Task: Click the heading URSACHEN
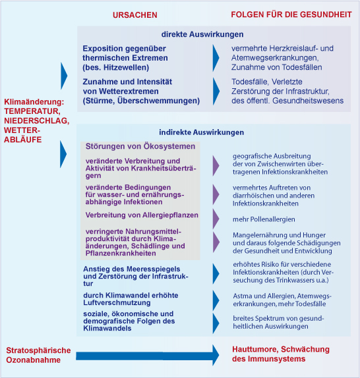(135, 15)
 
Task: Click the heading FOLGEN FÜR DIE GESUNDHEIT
(291, 14)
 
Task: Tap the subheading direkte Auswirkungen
(202, 34)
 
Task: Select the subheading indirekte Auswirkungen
(201, 132)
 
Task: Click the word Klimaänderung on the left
(33, 102)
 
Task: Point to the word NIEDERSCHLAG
(37, 121)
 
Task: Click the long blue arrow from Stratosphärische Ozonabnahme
(148, 356)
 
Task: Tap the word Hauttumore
(255, 349)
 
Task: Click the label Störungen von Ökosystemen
(140, 146)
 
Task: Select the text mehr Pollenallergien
(264, 219)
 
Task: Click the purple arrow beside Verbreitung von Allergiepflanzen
(216, 219)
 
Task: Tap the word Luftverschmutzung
(117, 303)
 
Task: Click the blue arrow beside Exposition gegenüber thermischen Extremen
(216, 58)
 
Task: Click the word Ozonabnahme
(34, 360)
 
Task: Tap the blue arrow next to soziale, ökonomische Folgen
(216, 323)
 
